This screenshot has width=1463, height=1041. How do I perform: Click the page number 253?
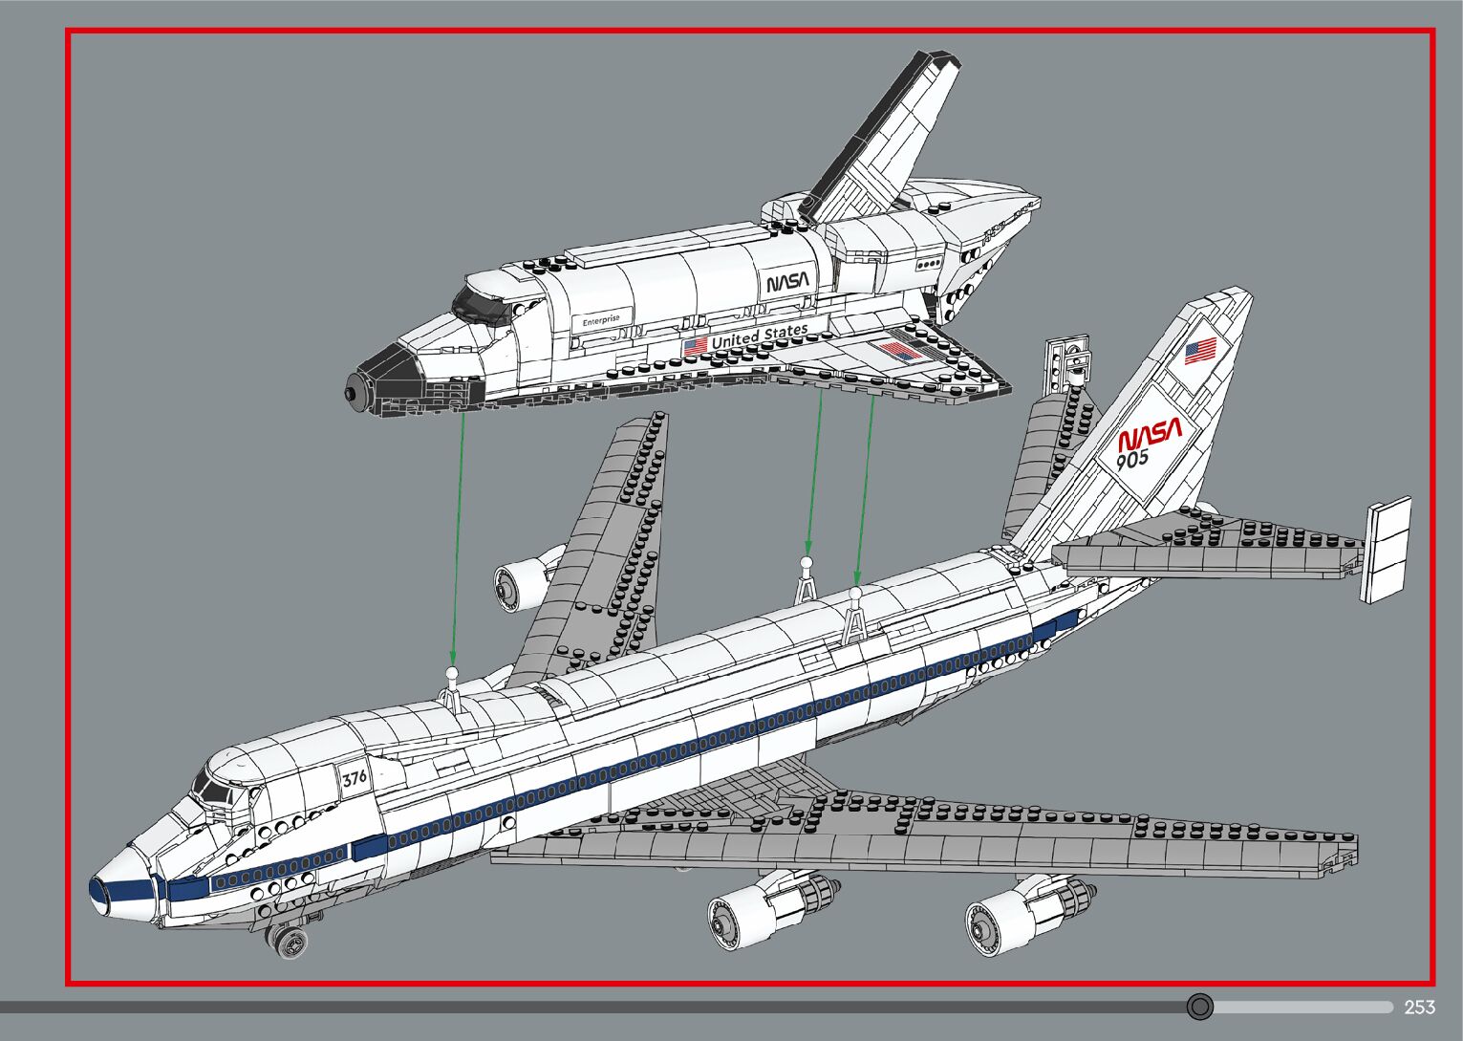pyautogui.click(x=1419, y=1007)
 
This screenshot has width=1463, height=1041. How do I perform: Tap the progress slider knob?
pyautogui.click(x=1200, y=1007)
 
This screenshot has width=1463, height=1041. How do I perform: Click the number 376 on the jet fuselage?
pyautogui.click(x=355, y=777)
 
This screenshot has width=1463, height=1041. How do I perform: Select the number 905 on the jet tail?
pyautogui.click(x=1132, y=460)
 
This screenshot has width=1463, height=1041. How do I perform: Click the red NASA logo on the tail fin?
pyautogui.click(x=1149, y=435)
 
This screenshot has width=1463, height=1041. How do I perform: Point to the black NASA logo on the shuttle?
pyautogui.click(x=787, y=282)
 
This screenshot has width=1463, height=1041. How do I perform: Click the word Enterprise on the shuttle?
pyautogui.click(x=601, y=320)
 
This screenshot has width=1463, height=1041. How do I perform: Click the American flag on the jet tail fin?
pyautogui.click(x=1201, y=351)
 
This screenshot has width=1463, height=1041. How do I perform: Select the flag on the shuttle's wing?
pyautogui.click(x=899, y=351)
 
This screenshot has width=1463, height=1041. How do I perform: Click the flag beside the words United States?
pyautogui.click(x=696, y=345)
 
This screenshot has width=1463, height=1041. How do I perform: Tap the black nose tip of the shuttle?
pyautogui.click(x=355, y=392)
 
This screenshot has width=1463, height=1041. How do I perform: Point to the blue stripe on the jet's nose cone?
pyautogui.click(x=122, y=894)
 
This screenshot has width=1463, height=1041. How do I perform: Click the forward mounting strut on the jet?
pyautogui.click(x=453, y=688)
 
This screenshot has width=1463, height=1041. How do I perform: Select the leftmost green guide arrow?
pyautogui.click(x=458, y=535)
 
